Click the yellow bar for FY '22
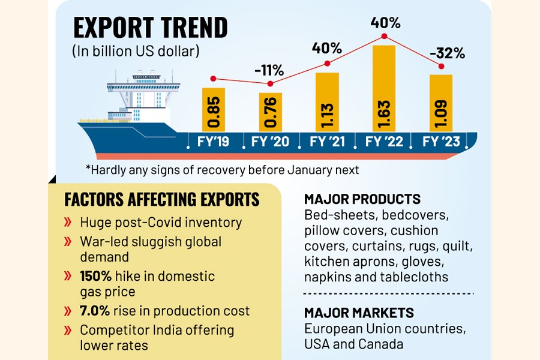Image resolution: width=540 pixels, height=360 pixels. [384, 88]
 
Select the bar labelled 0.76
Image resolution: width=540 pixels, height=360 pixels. [270, 112]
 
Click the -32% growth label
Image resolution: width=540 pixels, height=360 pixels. [448, 53]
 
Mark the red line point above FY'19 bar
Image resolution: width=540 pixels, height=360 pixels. [213, 79]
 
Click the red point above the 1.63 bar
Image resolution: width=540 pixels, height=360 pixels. [384, 37]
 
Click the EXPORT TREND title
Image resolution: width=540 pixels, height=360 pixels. [150, 28]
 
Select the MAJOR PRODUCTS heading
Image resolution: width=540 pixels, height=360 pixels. [362, 199]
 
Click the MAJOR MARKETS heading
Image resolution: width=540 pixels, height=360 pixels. [359, 313]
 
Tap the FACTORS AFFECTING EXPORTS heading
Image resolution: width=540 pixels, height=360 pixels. [162, 199]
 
